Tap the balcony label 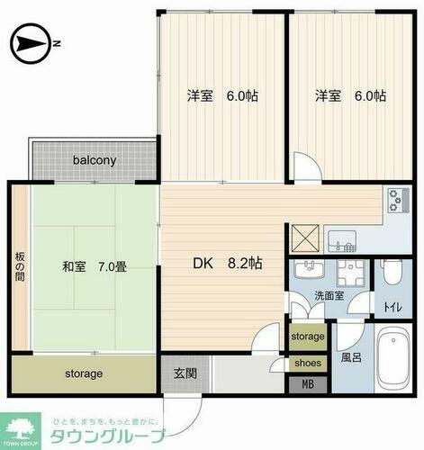95,161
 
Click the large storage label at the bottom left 83,373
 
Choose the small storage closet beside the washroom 308,337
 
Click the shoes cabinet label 308,363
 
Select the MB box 308,385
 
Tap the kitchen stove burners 396,202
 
